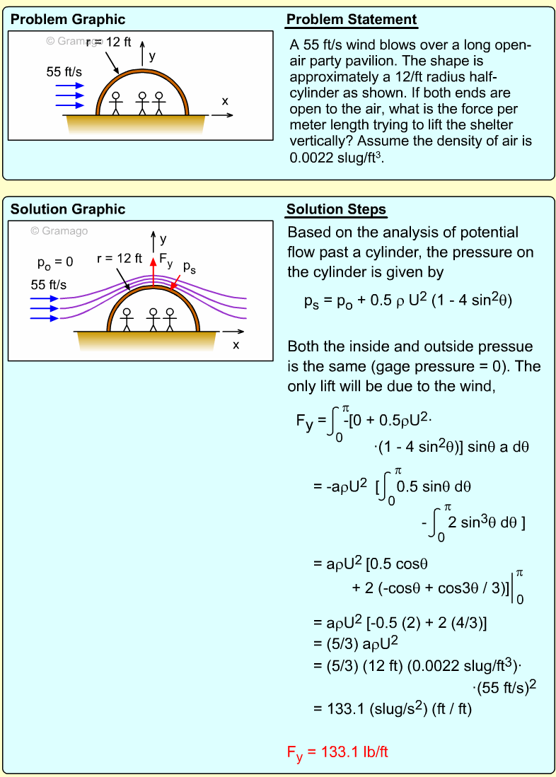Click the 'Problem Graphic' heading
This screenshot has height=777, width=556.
(x=67, y=20)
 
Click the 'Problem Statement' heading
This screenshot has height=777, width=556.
(x=351, y=20)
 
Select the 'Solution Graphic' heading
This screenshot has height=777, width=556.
(x=67, y=209)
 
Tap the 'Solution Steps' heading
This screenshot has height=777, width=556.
(x=336, y=209)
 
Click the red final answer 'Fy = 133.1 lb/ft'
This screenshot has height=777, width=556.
(x=337, y=752)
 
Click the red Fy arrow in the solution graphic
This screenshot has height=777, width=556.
(x=153, y=274)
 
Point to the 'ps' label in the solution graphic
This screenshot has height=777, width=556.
(x=189, y=267)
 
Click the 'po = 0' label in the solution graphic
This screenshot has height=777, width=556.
(x=55, y=263)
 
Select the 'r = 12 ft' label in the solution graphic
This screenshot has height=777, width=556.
(x=119, y=259)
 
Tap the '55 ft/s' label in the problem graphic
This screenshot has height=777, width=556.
(x=64, y=72)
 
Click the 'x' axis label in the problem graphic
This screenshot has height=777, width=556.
(x=225, y=101)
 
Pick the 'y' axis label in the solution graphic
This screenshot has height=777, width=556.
(x=163, y=239)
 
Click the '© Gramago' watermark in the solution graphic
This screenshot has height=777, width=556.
(x=60, y=230)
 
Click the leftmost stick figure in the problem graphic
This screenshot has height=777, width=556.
(x=117, y=103)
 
